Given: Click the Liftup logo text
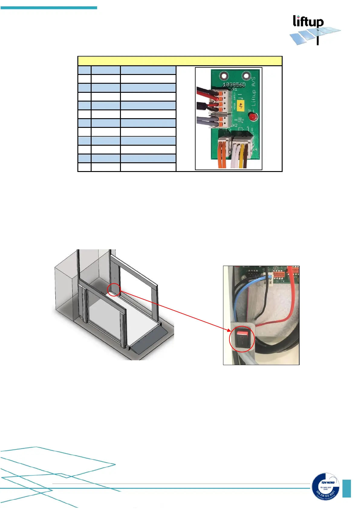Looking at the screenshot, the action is tap(308, 21).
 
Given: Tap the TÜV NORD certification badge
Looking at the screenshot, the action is tap(326, 487).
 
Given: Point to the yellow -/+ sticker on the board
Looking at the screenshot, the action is tap(241, 105).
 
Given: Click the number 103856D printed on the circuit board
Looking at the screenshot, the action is tap(234, 84).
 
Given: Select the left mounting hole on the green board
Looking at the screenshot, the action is tap(224, 75).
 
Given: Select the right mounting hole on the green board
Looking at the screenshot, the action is tap(246, 75).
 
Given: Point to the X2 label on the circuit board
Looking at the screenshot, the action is tap(235, 125).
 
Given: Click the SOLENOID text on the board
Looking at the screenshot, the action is tap(239, 120).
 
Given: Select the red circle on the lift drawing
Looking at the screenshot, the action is tap(114, 290).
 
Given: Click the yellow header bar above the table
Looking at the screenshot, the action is tap(180, 61).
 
